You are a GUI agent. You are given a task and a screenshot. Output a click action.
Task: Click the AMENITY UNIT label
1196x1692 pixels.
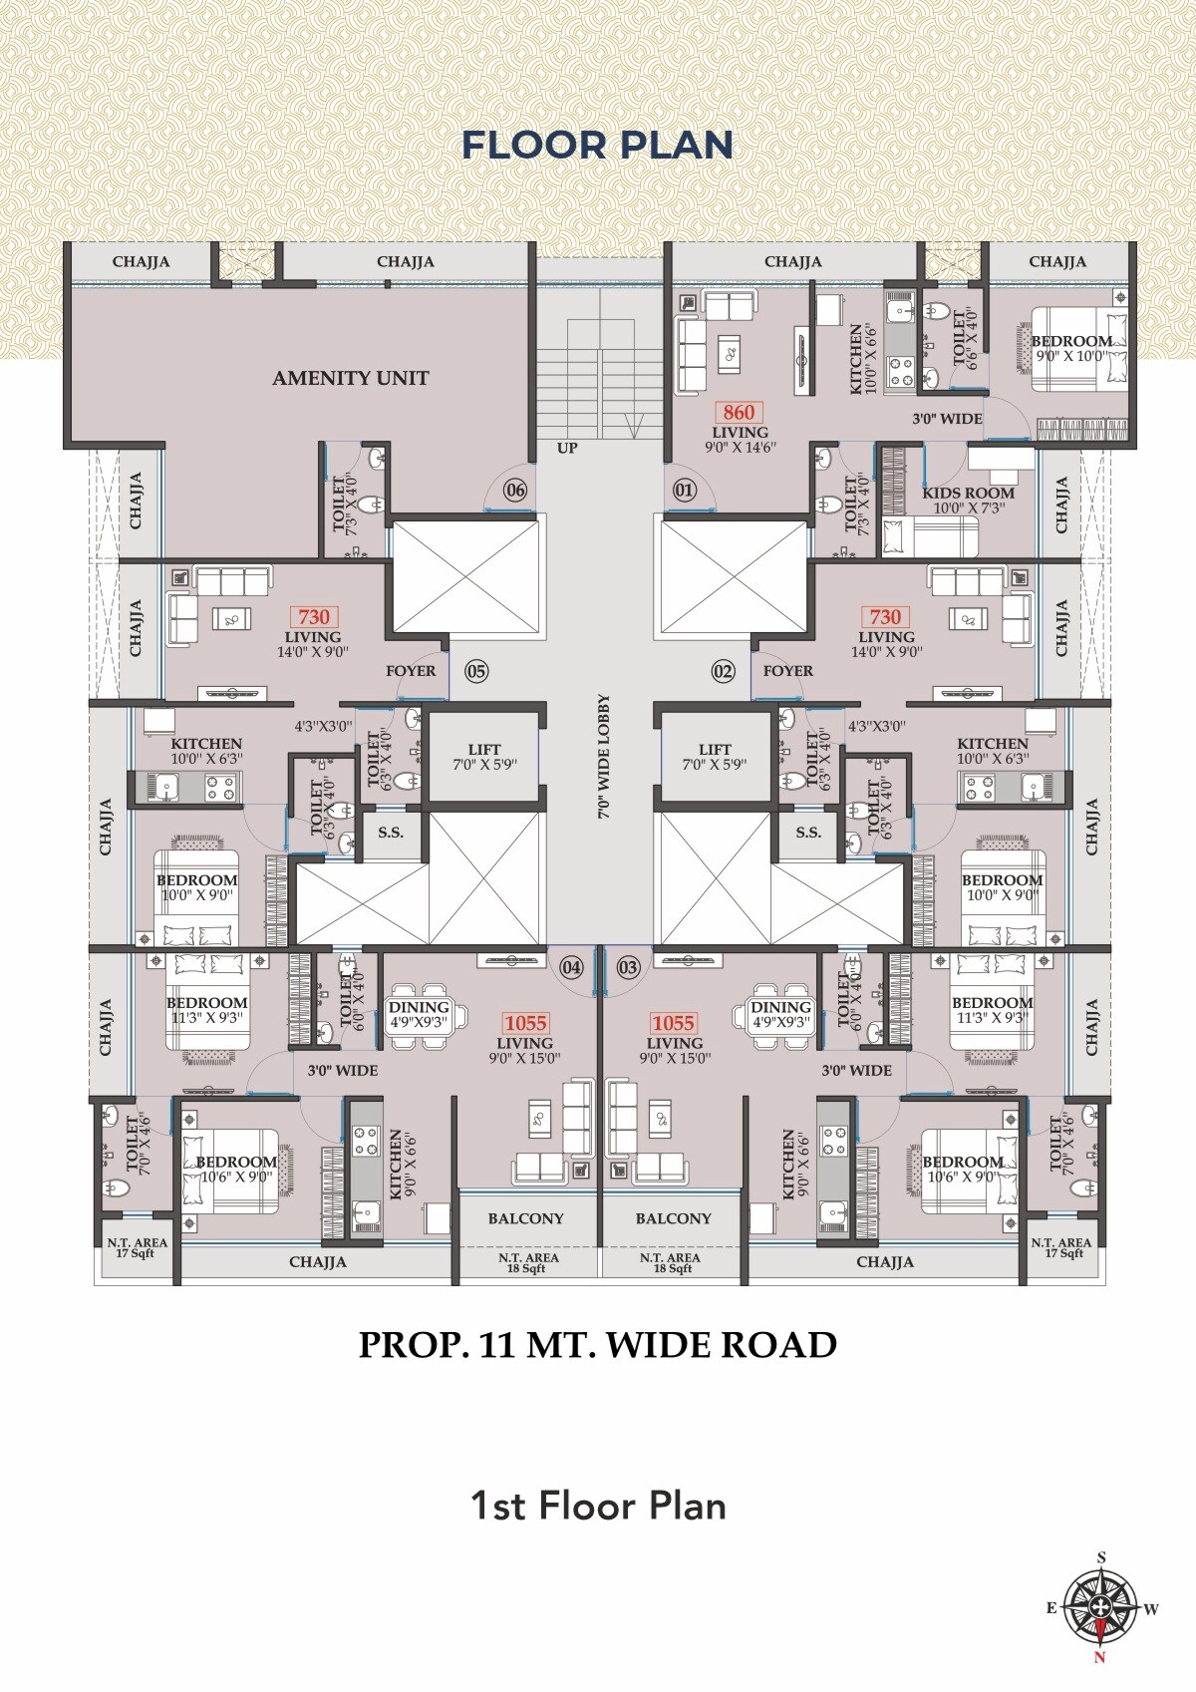coord(350,378)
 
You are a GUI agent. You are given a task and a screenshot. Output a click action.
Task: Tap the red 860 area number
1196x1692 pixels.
coord(739,412)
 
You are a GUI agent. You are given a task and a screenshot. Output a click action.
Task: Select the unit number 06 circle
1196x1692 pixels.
coord(514,490)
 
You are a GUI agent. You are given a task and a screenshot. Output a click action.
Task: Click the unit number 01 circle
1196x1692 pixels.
coord(684,490)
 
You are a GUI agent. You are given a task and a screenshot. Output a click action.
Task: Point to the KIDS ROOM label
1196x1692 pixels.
coord(968,493)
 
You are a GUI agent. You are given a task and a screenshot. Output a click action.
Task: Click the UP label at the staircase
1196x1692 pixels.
coord(567,448)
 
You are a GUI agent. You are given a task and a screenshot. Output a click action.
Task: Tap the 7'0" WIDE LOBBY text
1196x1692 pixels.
coord(604,757)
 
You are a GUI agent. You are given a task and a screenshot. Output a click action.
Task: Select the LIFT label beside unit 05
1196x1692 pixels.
coord(484,750)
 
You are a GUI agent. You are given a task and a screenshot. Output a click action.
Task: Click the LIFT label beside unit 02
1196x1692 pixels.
coord(715,750)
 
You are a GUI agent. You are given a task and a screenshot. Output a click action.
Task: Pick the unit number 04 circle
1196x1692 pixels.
coord(571,967)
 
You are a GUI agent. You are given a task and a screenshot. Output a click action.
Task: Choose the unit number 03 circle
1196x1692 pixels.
coord(628,967)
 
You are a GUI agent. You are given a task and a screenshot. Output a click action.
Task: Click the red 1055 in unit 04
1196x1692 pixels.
coord(525,1023)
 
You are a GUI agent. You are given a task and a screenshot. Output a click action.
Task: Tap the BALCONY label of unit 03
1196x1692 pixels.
coord(674,1218)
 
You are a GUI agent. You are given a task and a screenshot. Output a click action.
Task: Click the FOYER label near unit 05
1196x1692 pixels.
coord(411,671)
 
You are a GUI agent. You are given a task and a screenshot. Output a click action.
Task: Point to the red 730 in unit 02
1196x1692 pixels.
coord(885,617)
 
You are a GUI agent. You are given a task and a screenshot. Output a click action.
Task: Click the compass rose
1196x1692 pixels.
coord(1100,1606)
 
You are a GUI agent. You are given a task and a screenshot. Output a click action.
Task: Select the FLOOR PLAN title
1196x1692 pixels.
coord(597,146)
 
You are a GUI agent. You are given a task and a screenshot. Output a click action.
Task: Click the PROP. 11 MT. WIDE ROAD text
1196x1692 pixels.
coord(597,1345)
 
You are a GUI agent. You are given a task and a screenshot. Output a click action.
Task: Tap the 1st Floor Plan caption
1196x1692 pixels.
coord(597,1506)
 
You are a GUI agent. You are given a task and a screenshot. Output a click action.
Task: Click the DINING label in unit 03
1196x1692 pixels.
coord(780,1008)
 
